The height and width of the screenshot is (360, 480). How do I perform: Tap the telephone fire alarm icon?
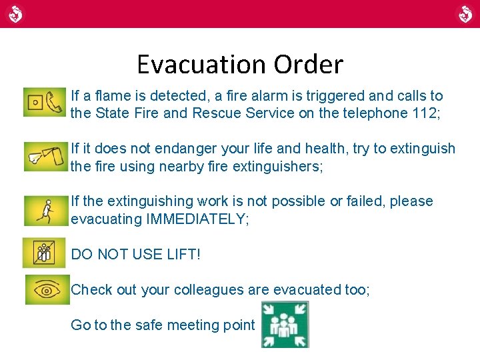[45, 102]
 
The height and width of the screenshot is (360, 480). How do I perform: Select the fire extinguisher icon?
[45, 156]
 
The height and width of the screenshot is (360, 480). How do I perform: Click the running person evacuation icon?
[45, 210]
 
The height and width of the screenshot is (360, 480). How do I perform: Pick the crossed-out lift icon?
[45, 253]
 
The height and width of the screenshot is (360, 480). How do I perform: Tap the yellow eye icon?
[47, 289]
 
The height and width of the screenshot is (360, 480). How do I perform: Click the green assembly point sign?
[285, 325]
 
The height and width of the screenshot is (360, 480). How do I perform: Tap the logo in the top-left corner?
[15, 13]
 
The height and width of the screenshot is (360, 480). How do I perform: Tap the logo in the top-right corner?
[465, 13]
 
